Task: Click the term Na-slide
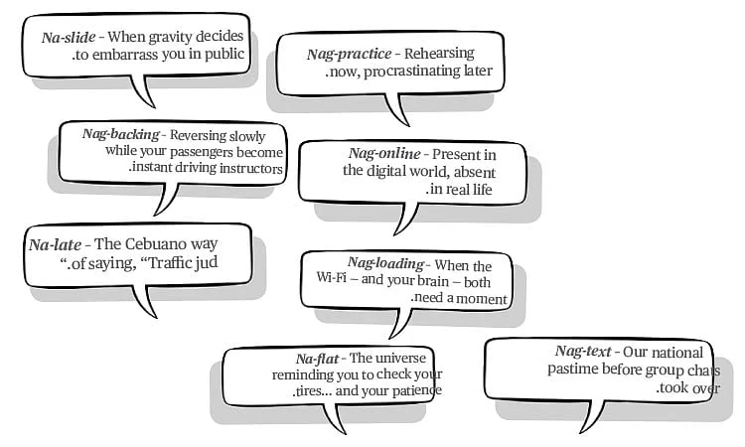point(69,37)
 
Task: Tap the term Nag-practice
point(350,54)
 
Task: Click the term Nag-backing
point(120,134)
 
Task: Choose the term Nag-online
point(384,153)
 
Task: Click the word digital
point(382,171)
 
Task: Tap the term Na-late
point(55,244)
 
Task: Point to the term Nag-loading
point(385,263)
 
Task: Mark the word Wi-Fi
point(331,277)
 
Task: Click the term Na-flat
point(317,359)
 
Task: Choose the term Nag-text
point(583,352)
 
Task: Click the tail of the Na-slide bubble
point(143,91)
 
